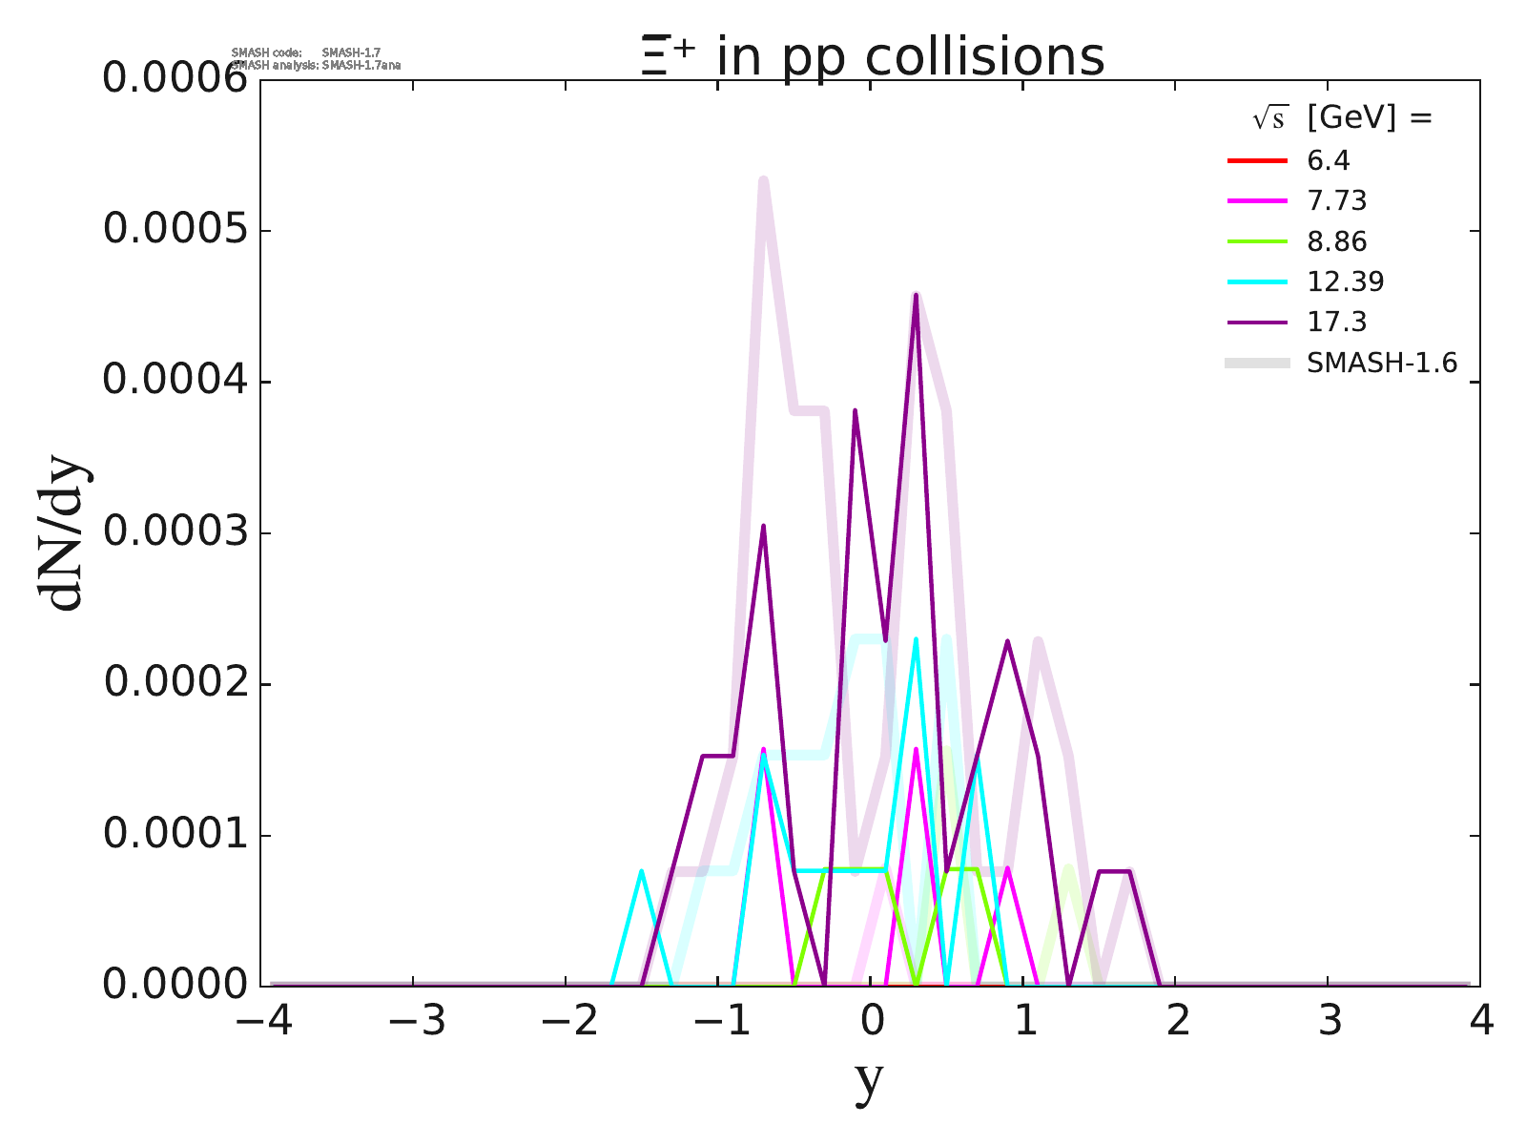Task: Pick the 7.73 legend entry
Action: point(1336,200)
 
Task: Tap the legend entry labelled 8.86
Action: point(1336,241)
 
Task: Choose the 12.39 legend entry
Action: point(1345,281)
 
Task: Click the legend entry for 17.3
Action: point(1336,322)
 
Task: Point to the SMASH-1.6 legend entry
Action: point(1381,363)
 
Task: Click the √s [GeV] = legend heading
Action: point(1343,118)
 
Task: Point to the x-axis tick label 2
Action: point(1178,1022)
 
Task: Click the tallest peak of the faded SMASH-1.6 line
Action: point(764,179)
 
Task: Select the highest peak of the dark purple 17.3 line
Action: point(916,296)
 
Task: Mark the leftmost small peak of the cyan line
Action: point(641,870)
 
